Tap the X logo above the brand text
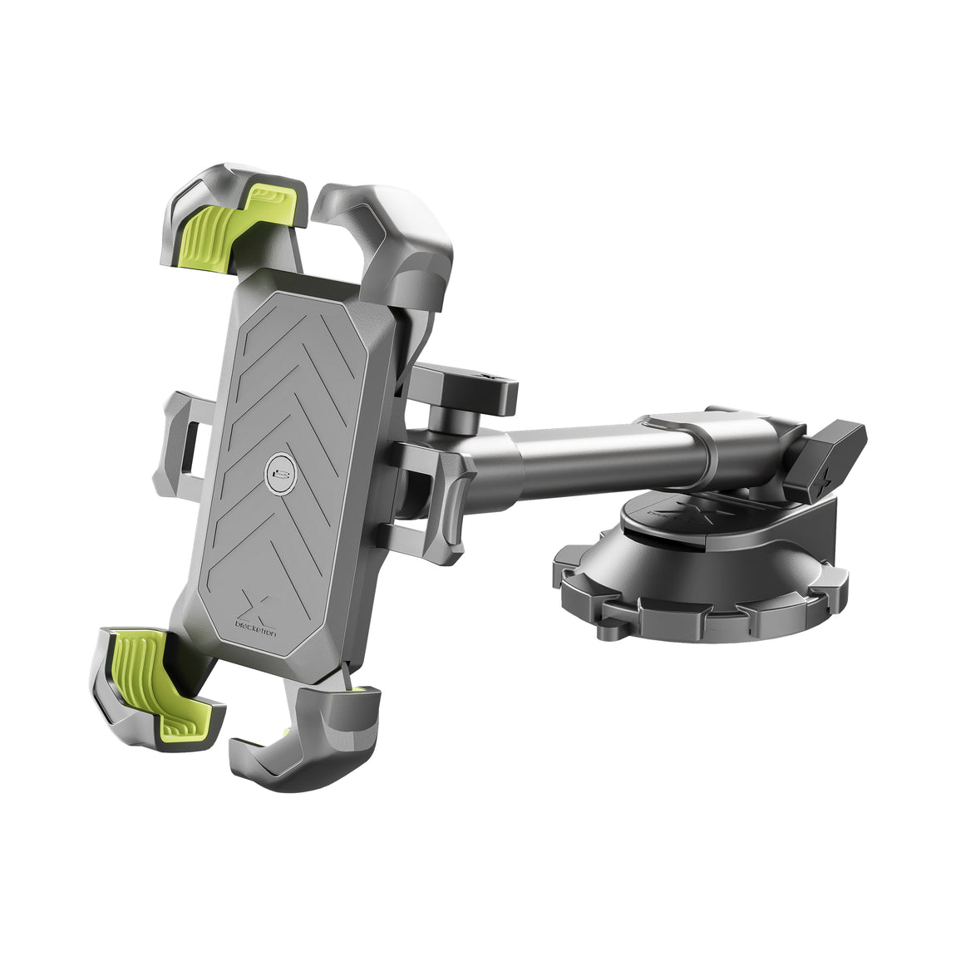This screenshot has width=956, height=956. (x=257, y=604)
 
